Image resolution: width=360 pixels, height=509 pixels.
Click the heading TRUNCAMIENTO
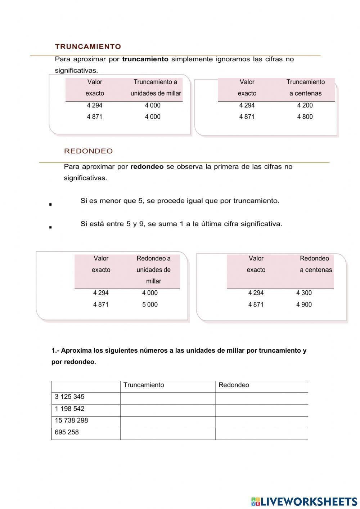point(88,46)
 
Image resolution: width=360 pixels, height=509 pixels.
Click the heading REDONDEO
point(88,151)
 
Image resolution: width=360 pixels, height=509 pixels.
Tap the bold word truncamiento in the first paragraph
point(145,59)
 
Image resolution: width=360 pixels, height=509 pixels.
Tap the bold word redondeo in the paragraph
point(147,166)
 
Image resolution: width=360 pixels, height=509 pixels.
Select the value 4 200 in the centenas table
point(305,105)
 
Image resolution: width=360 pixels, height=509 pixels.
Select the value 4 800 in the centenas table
point(305,117)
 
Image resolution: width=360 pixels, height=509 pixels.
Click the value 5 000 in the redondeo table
point(150,304)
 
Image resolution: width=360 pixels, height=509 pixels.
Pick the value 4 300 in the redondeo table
point(304,293)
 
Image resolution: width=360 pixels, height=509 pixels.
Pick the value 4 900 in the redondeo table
point(304,304)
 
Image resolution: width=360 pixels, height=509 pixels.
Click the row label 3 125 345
point(69,397)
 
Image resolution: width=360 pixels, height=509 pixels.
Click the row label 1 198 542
point(69,408)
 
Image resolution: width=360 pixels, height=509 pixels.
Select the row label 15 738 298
point(71,420)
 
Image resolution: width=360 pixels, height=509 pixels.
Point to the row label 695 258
point(67,432)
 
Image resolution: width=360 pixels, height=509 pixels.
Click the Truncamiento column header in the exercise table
point(144,385)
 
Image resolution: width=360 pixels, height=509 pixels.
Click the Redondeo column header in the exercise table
point(234,385)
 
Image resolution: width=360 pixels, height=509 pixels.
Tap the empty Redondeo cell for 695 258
point(261,434)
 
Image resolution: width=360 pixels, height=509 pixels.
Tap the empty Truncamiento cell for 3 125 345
point(168,398)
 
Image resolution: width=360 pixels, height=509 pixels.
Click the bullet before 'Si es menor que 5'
point(50,205)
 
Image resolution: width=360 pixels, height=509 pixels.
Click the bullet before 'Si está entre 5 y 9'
point(50,227)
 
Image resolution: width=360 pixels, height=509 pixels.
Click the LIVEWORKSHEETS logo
point(304,501)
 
